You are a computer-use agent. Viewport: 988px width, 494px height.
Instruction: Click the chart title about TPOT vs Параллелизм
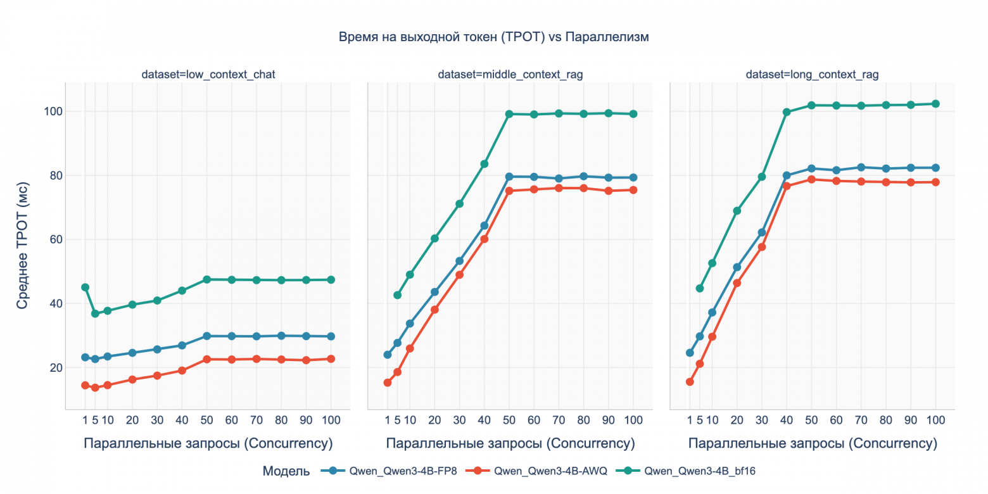494,37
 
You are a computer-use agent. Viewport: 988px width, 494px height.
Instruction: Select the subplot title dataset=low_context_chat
208,75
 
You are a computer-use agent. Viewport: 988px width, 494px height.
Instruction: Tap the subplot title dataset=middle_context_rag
510,75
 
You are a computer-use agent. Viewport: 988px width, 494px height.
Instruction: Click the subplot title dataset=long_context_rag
812,75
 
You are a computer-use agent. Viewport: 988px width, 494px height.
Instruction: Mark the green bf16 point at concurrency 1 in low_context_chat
85,287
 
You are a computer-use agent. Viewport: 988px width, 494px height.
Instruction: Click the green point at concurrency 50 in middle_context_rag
509,114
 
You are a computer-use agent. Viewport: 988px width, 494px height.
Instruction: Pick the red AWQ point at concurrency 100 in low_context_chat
331,359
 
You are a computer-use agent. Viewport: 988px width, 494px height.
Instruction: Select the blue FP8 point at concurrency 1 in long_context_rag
690,353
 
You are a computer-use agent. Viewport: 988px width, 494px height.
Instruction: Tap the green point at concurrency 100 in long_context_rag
935,104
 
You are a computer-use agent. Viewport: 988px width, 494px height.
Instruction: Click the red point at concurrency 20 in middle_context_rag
434,310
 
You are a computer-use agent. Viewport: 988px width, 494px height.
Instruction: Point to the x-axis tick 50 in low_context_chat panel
206,420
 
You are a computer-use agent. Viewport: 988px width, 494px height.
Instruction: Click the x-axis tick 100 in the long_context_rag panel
935,420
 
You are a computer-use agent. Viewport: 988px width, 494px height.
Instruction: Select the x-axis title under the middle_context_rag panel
510,443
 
